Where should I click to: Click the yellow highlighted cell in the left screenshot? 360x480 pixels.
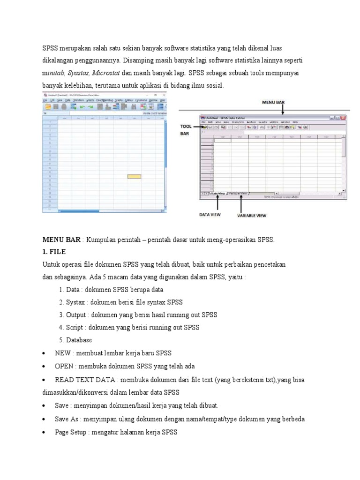pos(134,177)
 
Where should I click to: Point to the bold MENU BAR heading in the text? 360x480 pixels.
pos(61,240)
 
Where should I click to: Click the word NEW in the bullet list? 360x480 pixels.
pos(62,352)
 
